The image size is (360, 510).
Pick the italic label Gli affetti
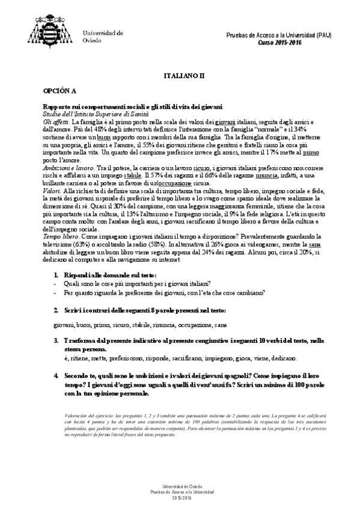coord(55,121)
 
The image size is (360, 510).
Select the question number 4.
coord(56,374)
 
